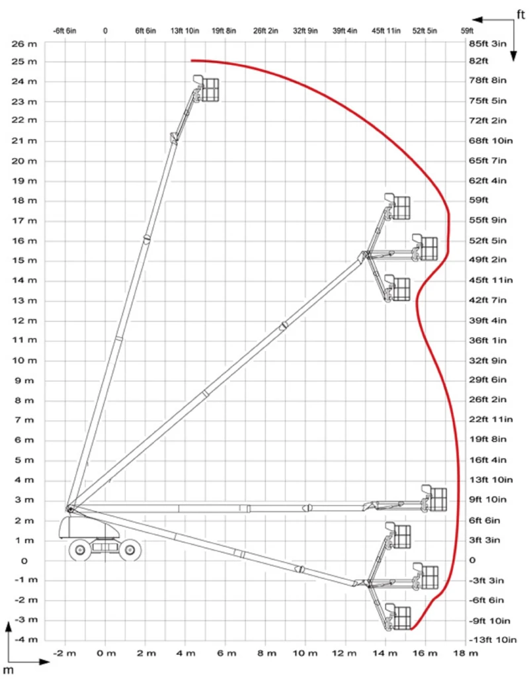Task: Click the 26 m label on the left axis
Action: click(x=27, y=44)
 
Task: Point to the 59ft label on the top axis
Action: click(x=467, y=30)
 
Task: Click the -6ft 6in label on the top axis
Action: click(x=65, y=30)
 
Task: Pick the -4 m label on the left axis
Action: click(x=26, y=640)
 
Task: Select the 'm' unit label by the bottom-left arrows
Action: click(x=9, y=670)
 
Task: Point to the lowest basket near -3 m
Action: click(x=399, y=617)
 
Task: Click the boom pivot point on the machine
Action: click(x=69, y=508)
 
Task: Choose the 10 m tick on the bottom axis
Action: click(x=305, y=654)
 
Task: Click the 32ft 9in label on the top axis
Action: click(x=305, y=30)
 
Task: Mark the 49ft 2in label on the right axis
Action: click(x=487, y=260)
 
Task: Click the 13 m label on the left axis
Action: click(x=27, y=300)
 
